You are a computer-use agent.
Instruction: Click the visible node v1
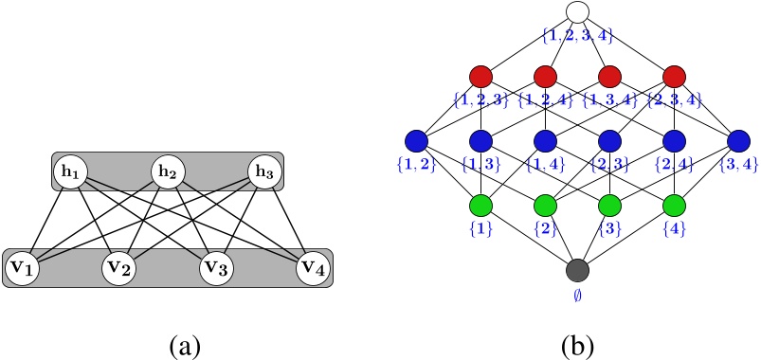pos(23,269)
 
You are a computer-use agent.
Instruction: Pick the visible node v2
pos(120,269)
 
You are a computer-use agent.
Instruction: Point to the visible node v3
pos(216,269)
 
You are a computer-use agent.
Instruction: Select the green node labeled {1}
pos(480,205)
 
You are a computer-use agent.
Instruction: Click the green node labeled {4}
pos(674,205)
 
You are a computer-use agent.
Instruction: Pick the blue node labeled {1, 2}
pos(416,141)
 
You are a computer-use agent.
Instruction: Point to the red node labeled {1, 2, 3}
pos(480,76)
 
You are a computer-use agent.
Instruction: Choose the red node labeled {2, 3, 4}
pos(674,76)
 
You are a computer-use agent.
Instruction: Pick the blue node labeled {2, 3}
pos(609,141)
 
